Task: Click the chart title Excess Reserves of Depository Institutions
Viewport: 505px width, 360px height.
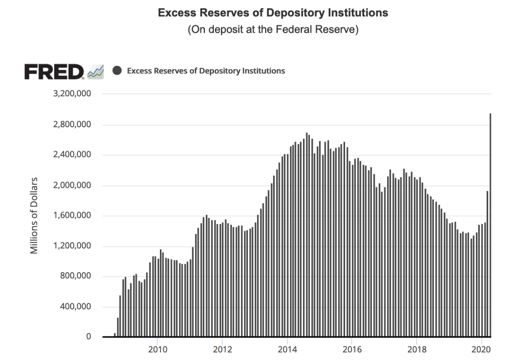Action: click(273, 13)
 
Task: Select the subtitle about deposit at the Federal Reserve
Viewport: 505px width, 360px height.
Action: click(273, 30)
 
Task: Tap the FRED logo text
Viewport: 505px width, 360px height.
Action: click(54, 72)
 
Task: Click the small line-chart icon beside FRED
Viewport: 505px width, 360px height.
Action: click(96, 72)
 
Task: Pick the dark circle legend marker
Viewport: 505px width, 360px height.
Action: click(117, 71)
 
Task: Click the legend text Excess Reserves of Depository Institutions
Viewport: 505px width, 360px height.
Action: click(206, 71)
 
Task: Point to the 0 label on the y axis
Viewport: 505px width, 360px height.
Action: click(88, 337)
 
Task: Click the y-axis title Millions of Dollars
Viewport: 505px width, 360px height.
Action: click(34, 216)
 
